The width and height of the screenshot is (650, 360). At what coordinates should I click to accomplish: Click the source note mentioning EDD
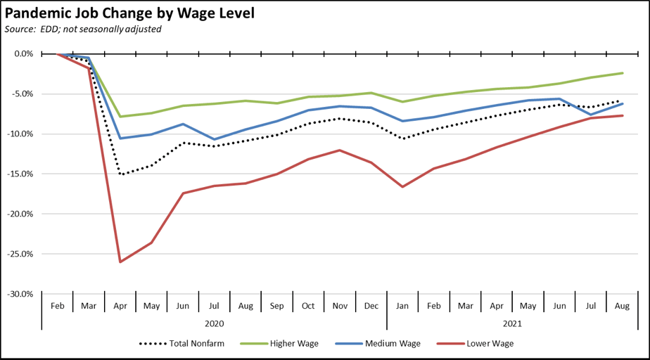click(83, 29)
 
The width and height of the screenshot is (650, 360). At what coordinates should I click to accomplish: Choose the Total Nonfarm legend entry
click(186, 344)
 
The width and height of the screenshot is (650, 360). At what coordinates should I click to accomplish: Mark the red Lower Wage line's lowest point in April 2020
click(120, 262)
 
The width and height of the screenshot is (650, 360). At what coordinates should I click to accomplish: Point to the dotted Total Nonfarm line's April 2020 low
click(120, 174)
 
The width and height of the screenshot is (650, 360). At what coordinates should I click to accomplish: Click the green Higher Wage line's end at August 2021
click(622, 73)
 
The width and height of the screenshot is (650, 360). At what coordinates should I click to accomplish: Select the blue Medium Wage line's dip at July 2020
click(214, 139)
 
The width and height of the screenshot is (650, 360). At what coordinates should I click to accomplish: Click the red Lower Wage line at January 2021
click(402, 187)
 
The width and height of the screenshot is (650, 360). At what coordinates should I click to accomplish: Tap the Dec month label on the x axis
click(371, 306)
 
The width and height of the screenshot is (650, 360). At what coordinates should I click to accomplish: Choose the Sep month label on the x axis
click(276, 306)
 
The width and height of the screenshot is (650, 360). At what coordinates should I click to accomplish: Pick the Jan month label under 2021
click(402, 306)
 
